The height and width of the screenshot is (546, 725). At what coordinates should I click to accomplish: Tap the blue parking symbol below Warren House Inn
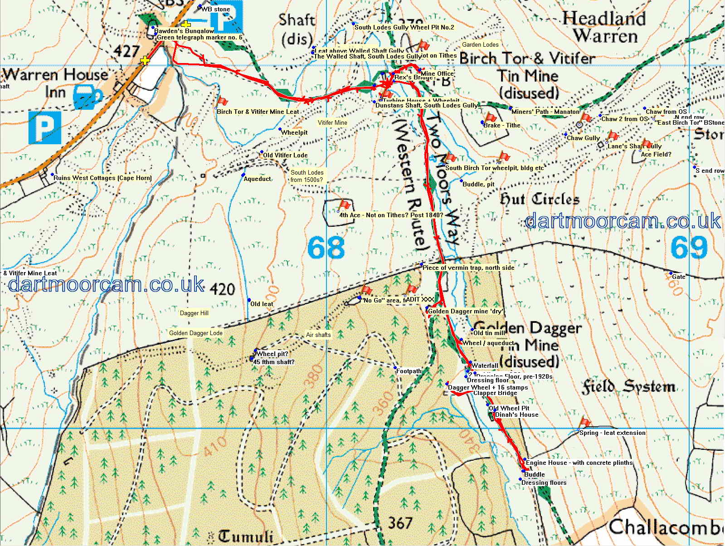click(x=44, y=128)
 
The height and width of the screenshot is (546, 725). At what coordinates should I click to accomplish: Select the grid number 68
click(x=326, y=248)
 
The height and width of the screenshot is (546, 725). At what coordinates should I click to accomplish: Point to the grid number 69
click(x=689, y=247)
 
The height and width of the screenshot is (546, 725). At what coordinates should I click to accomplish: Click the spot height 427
click(x=126, y=51)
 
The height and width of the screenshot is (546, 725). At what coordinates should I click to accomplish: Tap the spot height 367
click(x=400, y=523)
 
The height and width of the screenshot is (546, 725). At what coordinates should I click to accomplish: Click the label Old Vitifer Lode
click(x=285, y=155)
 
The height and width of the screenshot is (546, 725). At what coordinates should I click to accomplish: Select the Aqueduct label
click(x=257, y=179)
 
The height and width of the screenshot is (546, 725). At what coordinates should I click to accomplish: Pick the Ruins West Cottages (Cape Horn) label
click(x=102, y=178)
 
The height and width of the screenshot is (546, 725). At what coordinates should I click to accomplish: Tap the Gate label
click(x=678, y=277)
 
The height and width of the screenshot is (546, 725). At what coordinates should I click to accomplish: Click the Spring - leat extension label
click(x=612, y=433)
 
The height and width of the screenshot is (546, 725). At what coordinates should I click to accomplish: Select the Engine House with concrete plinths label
click(x=579, y=463)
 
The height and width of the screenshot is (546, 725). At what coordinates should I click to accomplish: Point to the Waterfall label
click(x=485, y=366)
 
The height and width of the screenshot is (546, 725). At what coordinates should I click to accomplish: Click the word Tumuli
click(x=246, y=536)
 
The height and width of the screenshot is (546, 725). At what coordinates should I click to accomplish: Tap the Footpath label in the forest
click(x=409, y=371)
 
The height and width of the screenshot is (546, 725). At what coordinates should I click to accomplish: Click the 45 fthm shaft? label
click(x=273, y=362)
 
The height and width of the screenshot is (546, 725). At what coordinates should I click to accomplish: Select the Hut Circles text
click(x=539, y=199)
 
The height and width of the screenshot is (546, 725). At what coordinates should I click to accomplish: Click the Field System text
click(x=628, y=387)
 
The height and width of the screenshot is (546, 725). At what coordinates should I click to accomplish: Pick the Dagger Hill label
click(x=194, y=313)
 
